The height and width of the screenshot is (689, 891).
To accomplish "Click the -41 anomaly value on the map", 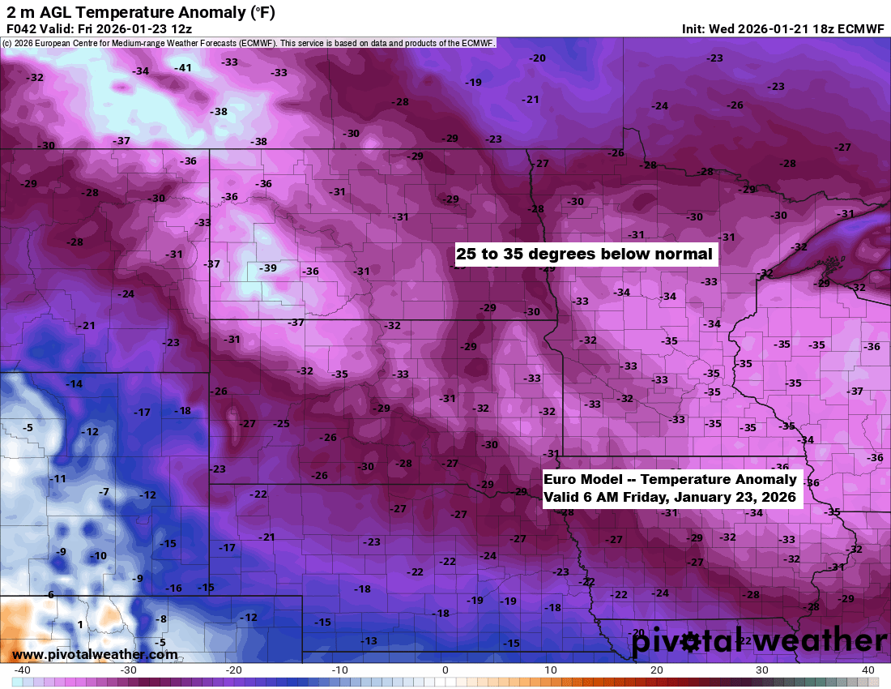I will click(184, 68).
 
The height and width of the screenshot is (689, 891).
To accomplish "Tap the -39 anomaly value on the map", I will click(267, 268).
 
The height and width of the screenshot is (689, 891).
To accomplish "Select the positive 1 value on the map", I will click(80, 624).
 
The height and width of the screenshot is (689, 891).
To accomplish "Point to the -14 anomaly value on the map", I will click(74, 383).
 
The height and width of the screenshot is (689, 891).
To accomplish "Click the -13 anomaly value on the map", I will click(369, 641).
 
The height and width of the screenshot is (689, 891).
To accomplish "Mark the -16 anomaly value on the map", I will click(173, 588).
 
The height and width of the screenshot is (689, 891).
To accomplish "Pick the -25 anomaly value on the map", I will click(281, 423).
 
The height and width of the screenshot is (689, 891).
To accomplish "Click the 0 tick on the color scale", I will click(446, 670).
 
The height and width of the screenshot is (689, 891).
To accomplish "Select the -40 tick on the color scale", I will click(23, 670).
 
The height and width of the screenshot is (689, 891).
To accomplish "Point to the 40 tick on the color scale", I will click(868, 670).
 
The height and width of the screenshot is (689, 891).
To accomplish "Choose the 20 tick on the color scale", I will click(656, 670).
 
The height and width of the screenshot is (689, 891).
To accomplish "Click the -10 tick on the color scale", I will click(340, 670).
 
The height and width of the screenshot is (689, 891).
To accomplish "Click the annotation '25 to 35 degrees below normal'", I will click(584, 254).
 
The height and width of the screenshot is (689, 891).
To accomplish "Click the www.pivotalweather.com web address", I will click(95, 655).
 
